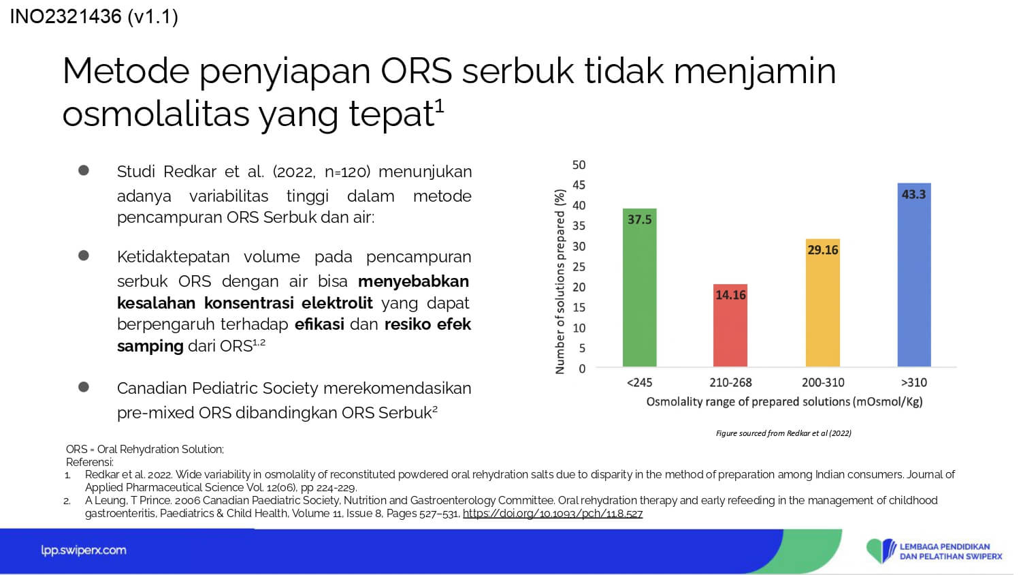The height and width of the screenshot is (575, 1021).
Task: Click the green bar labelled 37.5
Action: tap(640, 287)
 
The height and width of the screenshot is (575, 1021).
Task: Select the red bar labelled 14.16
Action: tap(730, 326)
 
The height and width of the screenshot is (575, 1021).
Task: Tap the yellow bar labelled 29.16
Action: tap(823, 303)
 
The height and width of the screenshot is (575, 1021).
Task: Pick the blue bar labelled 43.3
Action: tap(914, 275)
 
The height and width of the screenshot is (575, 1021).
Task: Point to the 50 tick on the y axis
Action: tap(579, 165)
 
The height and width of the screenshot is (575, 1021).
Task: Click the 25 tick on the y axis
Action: tap(579, 266)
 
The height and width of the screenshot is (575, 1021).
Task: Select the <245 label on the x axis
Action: tap(640, 382)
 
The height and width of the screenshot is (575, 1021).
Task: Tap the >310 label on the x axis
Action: tap(914, 382)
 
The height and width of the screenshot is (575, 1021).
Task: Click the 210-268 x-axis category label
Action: tap(730, 382)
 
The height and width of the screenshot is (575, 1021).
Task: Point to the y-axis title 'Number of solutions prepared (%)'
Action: tap(560, 281)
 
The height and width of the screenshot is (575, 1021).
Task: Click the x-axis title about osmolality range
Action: tap(784, 402)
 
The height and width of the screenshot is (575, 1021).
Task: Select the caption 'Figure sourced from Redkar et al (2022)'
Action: tap(783, 433)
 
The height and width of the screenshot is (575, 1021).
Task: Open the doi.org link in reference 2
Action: tap(553, 514)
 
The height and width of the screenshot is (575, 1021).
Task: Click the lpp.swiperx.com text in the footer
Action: tap(84, 550)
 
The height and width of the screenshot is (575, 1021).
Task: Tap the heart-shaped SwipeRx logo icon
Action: tap(881, 550)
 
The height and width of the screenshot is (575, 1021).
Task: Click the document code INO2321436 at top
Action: tap(65, 17)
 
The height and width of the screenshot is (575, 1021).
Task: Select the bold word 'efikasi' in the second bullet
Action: tap(319, 324)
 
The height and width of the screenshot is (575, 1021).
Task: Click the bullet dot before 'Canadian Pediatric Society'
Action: tap(84, 387)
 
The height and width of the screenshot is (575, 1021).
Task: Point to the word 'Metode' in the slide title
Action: tap(126, 71)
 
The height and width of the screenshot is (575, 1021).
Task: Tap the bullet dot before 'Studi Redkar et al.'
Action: tap(84, 170)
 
